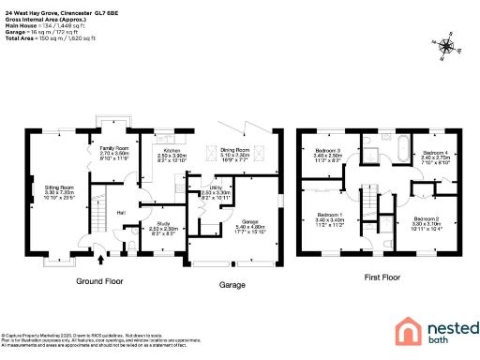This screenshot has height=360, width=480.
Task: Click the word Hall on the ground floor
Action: (120, 213)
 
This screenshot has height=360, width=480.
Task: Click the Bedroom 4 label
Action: (434, 151)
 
